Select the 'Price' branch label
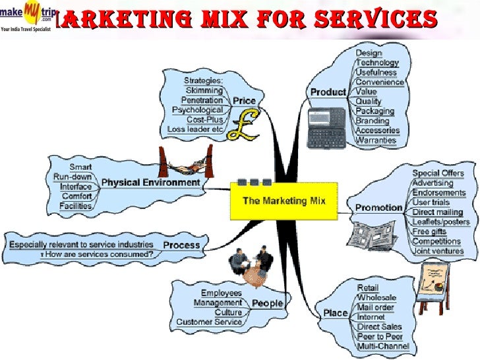tap(243, 101)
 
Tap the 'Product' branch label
tap(328, 92)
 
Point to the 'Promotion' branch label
tap(378, 207)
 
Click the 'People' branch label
tap(266, 303)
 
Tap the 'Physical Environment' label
tap(150, 182)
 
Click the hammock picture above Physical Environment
tap(185, 161)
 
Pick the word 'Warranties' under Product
tap(376, 140)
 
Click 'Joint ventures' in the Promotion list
tap(438, 251)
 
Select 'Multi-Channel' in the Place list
tap(383, 345)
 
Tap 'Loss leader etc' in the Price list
tap(196, 129)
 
